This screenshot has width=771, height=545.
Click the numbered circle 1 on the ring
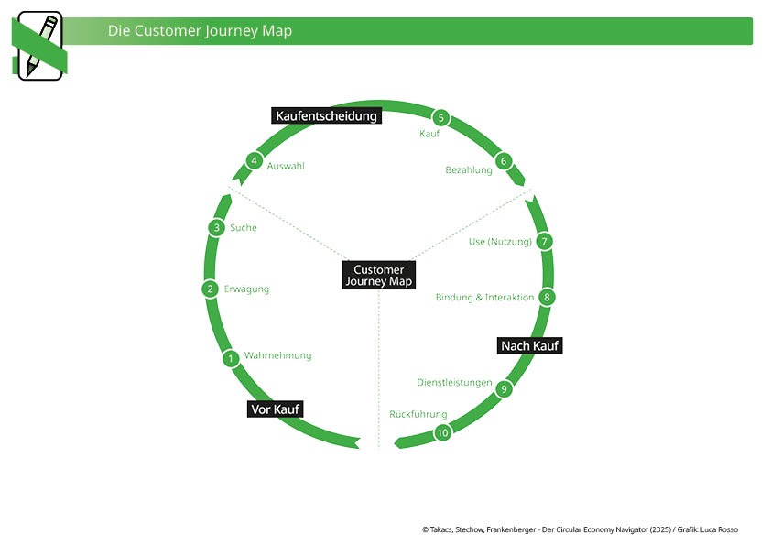click(x=232, y=358)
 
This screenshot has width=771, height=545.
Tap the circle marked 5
click(x=441, y=117)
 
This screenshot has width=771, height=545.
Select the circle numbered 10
click(x=443, y=432)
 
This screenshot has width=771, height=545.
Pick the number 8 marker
click(x=547, y=297)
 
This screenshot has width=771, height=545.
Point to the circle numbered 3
click(x=216, y=227)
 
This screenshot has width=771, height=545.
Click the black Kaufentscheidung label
click(x=327, y=115)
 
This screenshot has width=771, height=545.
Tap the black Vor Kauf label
click(x=275, y=409)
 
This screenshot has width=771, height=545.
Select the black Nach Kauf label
click(x=530, y=345)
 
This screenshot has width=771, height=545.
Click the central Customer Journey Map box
click(x=378, y=276)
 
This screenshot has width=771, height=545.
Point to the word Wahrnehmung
click(x=277, y=355)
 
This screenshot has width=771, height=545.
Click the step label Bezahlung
click(x=469, y=170)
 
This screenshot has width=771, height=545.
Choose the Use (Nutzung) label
click(x=500, y=242)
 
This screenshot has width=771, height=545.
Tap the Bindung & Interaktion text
click(x=484, y=297)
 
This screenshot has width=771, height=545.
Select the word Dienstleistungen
click(x=454, y=382)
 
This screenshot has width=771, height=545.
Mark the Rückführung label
click(x=418, y=414)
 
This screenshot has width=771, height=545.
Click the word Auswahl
click(x=286, y=166)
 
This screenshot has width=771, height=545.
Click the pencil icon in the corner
click(x=39, y=46)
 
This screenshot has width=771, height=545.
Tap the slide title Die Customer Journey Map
click(x=200, y=30)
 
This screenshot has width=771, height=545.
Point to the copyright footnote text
click(x=580, y=529)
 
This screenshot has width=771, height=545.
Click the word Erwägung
click(x=246, y=289)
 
